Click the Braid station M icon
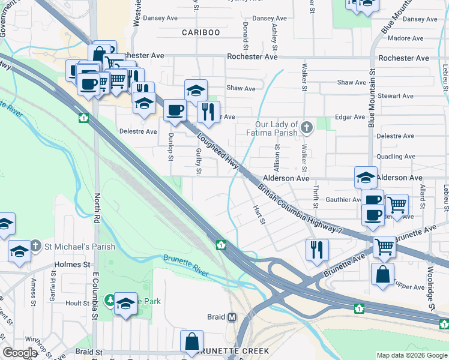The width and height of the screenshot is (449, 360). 231,316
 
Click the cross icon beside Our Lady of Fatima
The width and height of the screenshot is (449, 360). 307,127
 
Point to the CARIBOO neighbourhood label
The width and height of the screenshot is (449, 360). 201,32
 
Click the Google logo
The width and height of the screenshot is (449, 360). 20,353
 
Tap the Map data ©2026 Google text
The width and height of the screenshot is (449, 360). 411,355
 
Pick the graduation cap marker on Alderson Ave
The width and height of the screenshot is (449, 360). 366,178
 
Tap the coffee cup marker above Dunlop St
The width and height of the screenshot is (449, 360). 175,110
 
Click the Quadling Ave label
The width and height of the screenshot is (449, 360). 397,157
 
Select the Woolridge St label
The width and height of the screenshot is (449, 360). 432,294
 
